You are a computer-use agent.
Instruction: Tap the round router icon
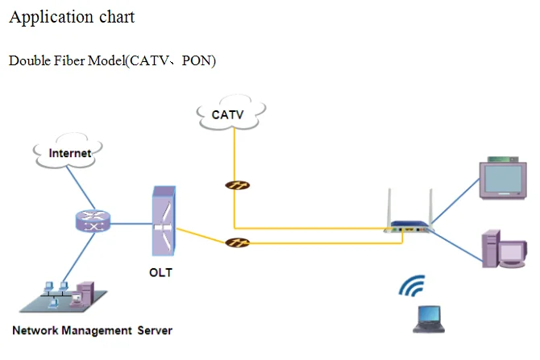(90, 223)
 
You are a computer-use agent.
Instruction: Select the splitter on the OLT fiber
(237, 242)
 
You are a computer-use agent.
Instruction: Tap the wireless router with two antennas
(411, 226)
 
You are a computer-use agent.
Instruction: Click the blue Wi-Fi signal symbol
(413, 288)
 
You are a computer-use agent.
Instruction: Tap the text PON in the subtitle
(198, 62)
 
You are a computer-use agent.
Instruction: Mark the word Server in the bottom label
(154, 330)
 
